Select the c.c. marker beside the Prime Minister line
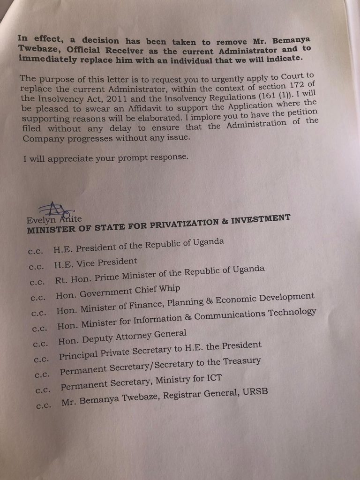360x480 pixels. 37,282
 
